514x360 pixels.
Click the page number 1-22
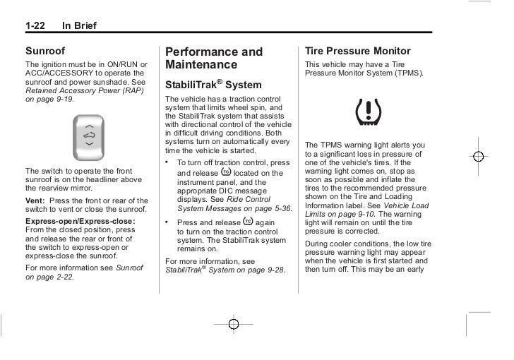(37, 27)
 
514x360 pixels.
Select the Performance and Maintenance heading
(213, 58)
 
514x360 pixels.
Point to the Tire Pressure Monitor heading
(357, 52)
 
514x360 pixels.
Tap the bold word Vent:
(35, 200)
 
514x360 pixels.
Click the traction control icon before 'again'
(247, 222)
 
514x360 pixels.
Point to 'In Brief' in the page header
(79, 27)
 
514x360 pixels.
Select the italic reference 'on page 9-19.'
(49, 100)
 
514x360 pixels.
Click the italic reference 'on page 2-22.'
(49, 277)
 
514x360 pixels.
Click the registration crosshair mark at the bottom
(234, 325)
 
